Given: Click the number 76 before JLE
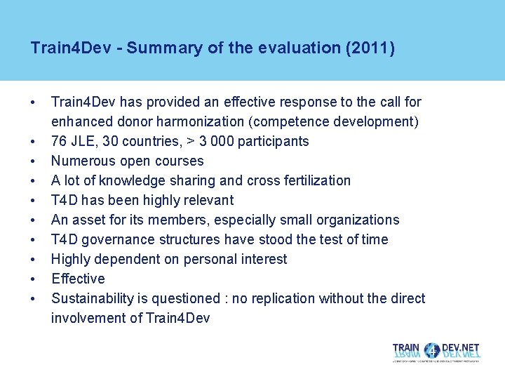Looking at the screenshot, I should (60, 141).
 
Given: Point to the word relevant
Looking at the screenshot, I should (204, 200).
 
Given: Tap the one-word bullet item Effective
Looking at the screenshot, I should (78, 279).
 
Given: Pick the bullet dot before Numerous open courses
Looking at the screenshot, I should (34, 161).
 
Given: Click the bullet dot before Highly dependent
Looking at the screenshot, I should (34, 259).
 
